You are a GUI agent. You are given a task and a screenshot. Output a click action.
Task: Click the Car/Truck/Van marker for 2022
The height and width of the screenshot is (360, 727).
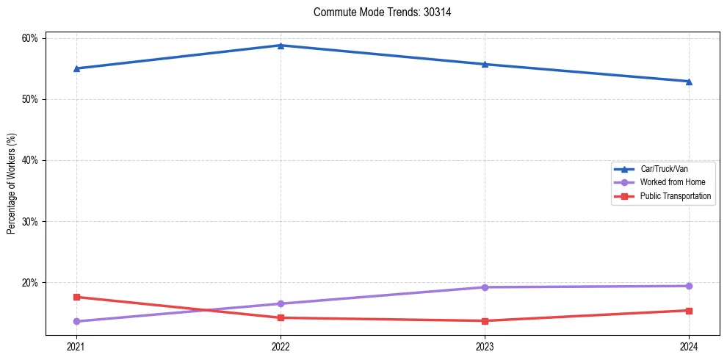point(280,46)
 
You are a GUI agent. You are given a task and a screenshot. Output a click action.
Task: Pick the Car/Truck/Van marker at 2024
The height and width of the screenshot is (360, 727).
point(689,82)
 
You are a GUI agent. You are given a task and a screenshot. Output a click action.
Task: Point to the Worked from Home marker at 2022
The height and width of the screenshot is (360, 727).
point(280,303)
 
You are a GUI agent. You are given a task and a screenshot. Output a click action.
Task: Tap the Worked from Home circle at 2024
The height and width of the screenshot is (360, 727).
point(689,286)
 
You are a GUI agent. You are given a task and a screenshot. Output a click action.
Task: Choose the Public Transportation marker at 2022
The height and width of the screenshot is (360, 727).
point(280,317)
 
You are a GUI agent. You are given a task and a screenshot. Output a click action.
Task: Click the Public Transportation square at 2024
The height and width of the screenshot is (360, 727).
point(689,311)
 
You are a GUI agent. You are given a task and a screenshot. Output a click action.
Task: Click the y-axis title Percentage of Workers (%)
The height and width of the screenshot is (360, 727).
point(12,184)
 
